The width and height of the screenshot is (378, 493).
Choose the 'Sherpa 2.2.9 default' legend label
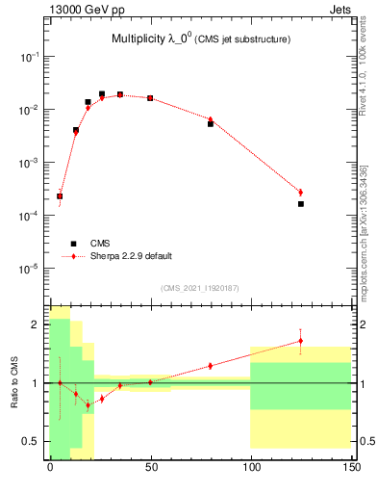(132, 256)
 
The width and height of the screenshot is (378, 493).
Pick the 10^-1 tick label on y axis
(31, 58)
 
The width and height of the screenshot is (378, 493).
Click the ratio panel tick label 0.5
(32, 441)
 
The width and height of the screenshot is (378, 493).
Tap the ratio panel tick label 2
(38, 324)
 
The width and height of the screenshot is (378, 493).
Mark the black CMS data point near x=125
(301, 204)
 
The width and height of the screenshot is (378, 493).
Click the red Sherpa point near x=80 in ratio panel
(211, 366)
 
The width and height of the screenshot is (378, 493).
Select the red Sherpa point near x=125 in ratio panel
(301, 341)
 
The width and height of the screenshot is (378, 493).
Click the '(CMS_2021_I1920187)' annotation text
(200, 287)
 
